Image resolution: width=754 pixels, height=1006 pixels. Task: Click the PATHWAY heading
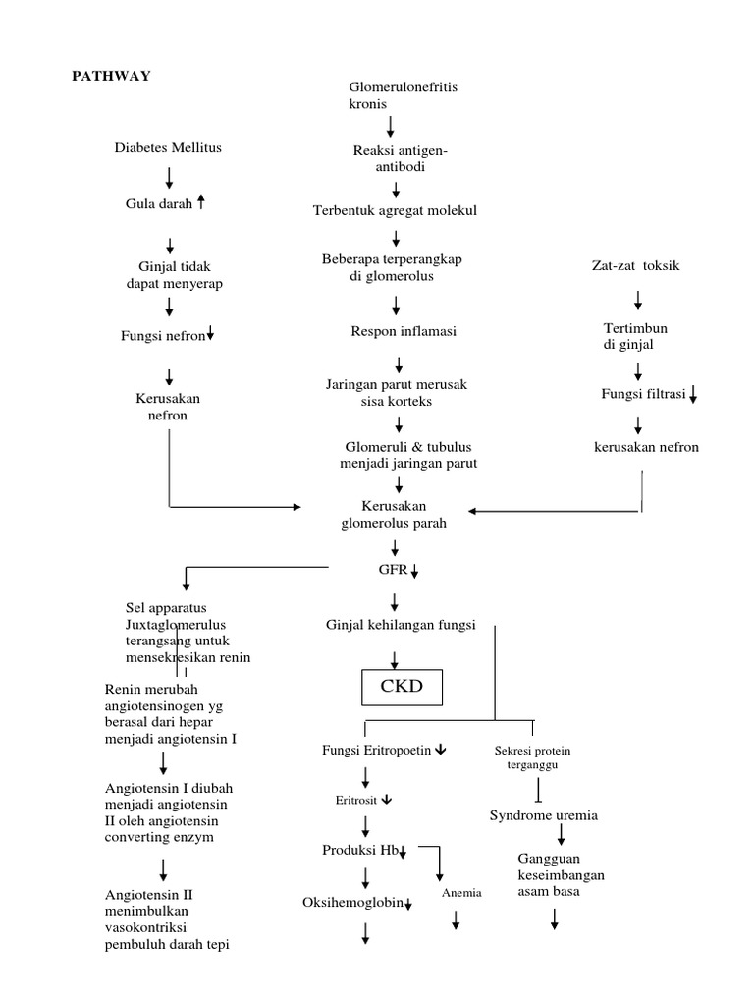point(110,76)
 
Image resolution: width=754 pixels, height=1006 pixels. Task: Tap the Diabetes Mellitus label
point(167,148)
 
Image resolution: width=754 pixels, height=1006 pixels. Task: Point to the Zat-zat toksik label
point(634,265)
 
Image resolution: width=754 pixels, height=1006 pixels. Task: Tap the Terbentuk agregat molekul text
point(395,211)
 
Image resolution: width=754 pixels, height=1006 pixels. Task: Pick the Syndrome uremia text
point(543,815)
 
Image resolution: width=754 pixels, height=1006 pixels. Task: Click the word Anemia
point(460,893)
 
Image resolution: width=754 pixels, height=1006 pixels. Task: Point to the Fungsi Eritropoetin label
point(377,750)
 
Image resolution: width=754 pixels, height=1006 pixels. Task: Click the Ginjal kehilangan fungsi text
point(401,624)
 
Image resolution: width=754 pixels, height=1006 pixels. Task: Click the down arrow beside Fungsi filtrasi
point(693,395)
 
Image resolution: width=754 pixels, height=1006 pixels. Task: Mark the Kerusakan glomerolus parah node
point(393,515)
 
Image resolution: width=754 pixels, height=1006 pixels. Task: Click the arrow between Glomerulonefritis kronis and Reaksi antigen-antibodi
point(391,126)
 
